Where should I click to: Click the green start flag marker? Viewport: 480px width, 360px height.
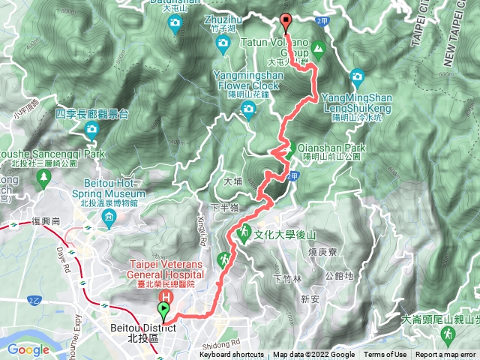(x=164, y=310)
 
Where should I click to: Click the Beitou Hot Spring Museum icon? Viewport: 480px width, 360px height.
(x=110, y=220)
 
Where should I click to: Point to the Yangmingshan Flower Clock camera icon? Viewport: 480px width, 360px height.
(x=248, y=112)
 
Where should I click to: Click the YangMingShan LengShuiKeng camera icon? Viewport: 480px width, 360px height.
(x=357, y=76)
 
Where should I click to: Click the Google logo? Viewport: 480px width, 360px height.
(x=28, y=349)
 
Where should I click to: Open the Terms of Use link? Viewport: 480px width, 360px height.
(x=385, y=355)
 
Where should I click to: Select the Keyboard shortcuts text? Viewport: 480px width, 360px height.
(x=232, y=355)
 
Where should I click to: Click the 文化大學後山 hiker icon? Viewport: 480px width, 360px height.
(x=244, y=233)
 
